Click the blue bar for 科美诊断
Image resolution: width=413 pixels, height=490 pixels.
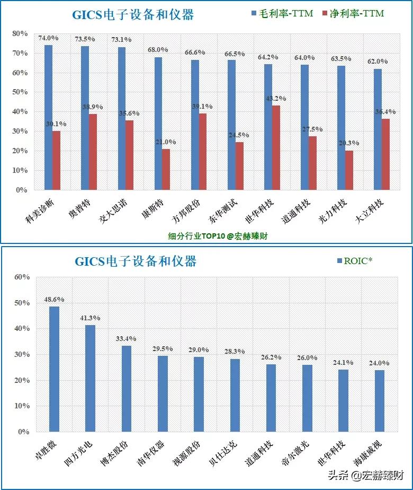tap(48, 117)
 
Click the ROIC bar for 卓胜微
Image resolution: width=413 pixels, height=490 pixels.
tap(54, 369)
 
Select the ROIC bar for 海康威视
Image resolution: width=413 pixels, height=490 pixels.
tap(380, 401)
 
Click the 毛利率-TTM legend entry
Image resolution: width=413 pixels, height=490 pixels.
tap(286, 13)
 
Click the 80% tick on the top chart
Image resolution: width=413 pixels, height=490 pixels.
tap(20, 33)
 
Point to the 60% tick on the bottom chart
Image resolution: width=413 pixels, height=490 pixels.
tap(22, 277)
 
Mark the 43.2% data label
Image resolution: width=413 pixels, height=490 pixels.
tap(275, 99)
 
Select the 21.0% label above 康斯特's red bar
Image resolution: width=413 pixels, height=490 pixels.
tap(165, 142)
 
